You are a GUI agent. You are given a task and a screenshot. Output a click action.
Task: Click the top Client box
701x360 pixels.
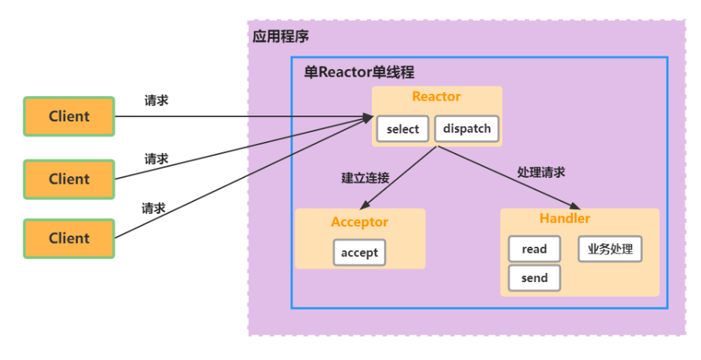pos(69,116)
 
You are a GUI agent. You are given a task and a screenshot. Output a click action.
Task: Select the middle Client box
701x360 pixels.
pos(69,179)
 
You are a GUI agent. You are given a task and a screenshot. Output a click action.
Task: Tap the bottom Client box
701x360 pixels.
pos(69,238)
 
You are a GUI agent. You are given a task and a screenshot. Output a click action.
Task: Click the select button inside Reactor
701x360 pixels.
pos(403,129)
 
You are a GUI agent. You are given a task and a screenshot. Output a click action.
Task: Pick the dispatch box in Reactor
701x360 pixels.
pos(466,128)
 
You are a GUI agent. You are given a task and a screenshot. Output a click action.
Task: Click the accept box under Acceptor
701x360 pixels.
pos(359,253)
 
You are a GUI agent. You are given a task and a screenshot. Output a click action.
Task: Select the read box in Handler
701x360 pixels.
pos(534,249)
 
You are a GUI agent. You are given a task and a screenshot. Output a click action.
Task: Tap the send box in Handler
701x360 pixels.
pos(534,277)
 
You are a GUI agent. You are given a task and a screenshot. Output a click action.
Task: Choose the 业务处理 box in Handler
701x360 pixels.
pos(610,249)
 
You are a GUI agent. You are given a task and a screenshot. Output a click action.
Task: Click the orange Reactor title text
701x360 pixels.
pos(436,97)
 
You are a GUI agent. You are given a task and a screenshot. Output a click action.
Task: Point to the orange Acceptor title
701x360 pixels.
pos(360,223)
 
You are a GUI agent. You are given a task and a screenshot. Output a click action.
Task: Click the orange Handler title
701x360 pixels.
pos(565,219)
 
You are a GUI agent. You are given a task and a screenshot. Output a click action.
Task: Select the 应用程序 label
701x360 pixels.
pos(281,36)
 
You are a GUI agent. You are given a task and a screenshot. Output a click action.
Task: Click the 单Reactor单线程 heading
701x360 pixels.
pos(359,73)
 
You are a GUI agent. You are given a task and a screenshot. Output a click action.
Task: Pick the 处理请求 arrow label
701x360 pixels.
pos(541,172)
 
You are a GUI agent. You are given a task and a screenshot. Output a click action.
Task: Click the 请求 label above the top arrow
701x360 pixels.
pos(157,100)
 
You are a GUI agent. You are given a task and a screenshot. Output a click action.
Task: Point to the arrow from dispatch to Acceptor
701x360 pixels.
pos(398,178)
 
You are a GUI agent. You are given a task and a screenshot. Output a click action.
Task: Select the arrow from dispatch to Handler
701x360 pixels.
pos(510,178)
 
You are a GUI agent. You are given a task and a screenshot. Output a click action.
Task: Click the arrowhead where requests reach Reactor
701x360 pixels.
pos(368,117)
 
